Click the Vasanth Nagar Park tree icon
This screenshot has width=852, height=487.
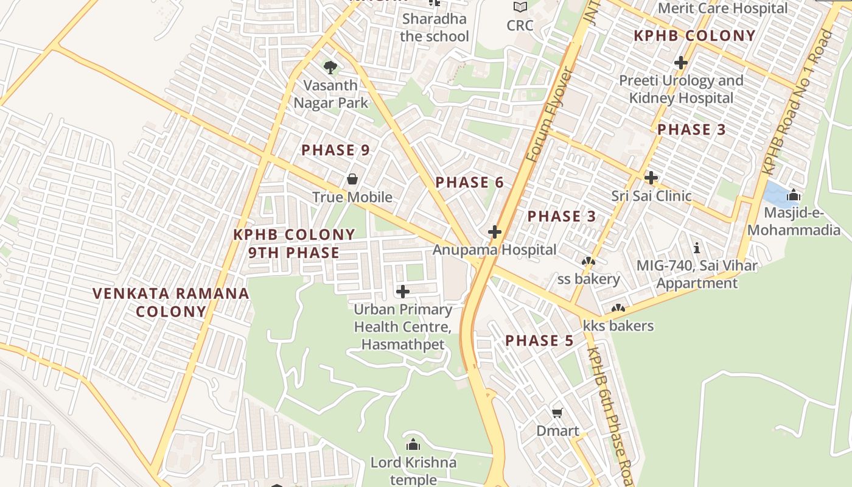(x=330, y=66)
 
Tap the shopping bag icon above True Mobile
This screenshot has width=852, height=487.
(x=352, y=179)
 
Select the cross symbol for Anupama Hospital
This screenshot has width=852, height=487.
(x=494, y=231)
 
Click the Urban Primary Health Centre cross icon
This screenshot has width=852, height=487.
(x=402, y=292)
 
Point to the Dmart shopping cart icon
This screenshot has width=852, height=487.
(x=557, y=413)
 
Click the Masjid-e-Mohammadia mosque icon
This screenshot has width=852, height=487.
(x=794, y=195)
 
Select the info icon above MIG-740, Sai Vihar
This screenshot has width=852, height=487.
(x=697, y=248)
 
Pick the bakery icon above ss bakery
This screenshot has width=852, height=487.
(x=588, y=262)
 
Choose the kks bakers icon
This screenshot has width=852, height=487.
(x=618, y=309)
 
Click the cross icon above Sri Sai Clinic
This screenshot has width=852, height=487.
(x=651, y=178)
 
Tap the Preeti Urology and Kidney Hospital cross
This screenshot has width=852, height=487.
(x=681, y=62)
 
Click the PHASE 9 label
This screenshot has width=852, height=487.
(x=335, y=150)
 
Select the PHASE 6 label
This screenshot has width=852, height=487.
(x=469, y=182)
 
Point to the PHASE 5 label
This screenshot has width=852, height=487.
(x=539, y=340)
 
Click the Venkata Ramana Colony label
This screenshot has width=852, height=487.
(x=171, y=303)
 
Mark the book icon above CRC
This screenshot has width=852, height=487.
(x=520, y=7)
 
